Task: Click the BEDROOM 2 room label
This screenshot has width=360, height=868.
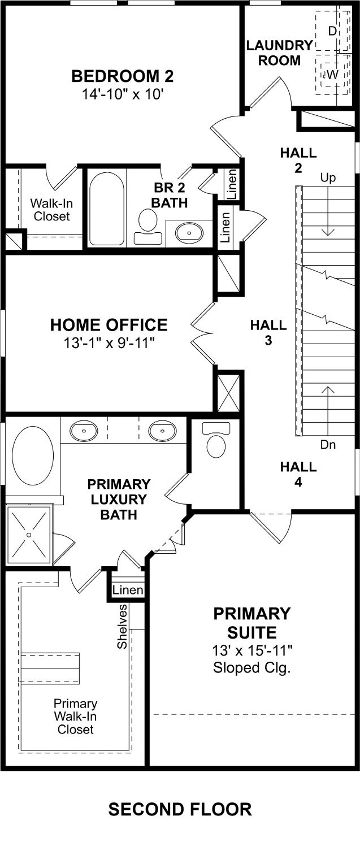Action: coord(123,76)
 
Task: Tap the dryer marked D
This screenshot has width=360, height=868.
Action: coord(332,31)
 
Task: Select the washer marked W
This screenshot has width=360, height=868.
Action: coord(332,75)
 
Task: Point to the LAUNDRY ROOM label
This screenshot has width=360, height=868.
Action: coord(279,53)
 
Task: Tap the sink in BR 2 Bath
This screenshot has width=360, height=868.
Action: coord(189,232)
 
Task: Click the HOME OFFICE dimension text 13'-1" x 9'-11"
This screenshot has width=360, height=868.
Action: coord(109,344)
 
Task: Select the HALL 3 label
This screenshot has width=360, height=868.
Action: coord(268,333)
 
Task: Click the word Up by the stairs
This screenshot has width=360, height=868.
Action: coord(328,178)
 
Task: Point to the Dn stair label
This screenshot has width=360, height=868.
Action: coord(328,445)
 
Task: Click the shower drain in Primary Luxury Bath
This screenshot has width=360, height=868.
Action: coord(29,535)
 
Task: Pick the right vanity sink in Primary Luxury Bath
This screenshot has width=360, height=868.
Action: coord(162,430)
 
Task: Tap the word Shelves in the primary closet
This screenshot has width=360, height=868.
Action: coord(123,626)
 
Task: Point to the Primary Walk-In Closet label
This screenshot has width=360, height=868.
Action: coord(76,717)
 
